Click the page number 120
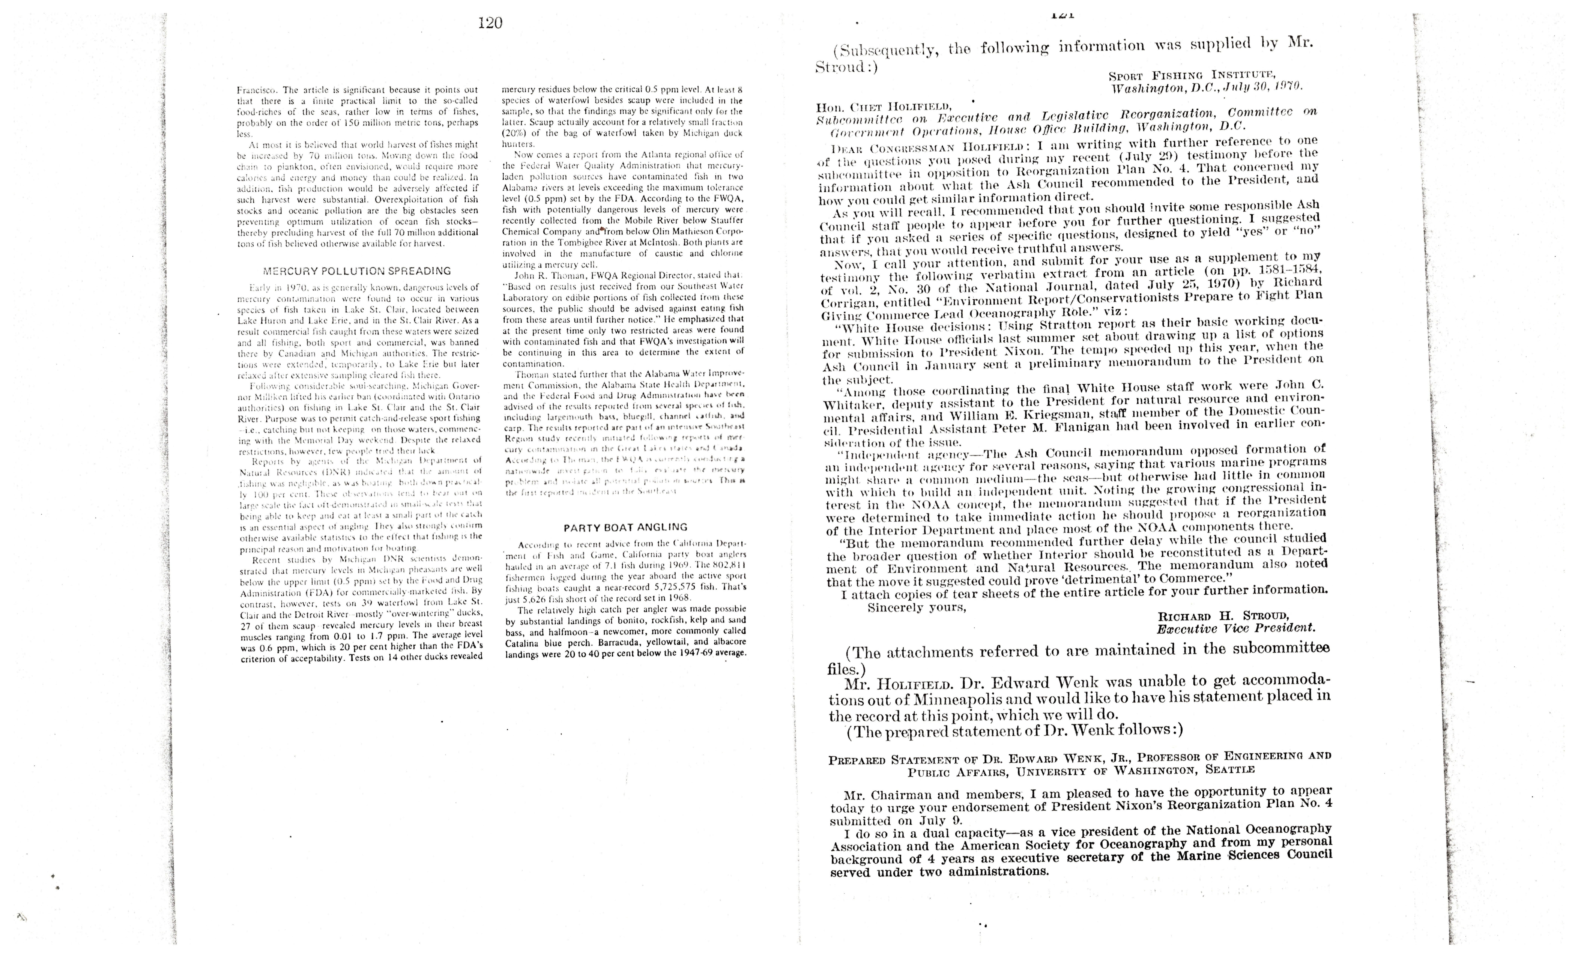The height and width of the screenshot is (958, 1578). tap(490, 24)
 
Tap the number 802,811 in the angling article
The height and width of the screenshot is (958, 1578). tap(726, 565)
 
